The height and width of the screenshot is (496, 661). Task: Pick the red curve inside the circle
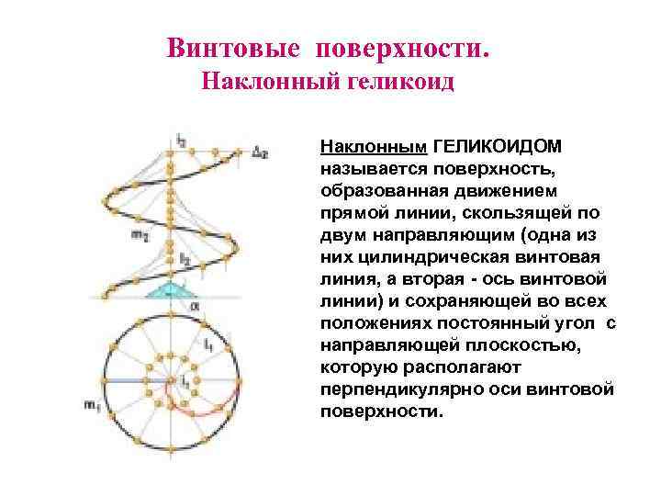[207, 415]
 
